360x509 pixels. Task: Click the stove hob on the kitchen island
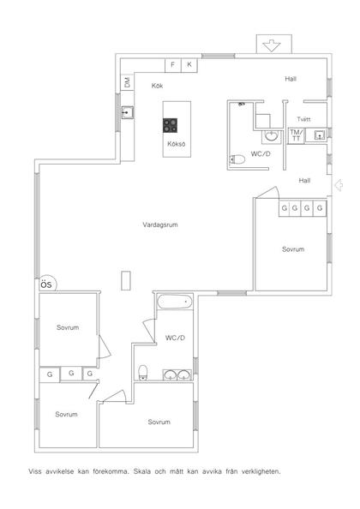(x=170, y=125)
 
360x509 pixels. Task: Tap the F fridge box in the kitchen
(x=173, y=65)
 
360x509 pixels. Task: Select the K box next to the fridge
(x=189, y=65)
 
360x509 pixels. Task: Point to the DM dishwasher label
(x=127, y=82)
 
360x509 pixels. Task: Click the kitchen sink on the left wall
(x=128, y=112)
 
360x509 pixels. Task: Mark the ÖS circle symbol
(x=48, y=284)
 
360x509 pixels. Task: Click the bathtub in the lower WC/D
(x=174, y=302)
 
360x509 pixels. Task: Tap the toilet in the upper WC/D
(x=237, y=159)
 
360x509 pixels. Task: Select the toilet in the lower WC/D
(x=143, y=373)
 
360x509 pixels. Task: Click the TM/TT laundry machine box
(x=297, y=135)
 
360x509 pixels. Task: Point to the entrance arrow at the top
(x=272, y=45)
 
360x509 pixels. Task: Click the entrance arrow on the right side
(x=339, y=185)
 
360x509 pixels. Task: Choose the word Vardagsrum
(x=160, y=225)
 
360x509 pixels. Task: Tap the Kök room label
(x=157, y=86)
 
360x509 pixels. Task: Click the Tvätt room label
(x=303, y=119)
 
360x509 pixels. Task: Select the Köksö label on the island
(x=177, y=144)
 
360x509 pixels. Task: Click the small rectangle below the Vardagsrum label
(x=126, y=280)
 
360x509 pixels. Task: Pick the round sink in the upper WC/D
(x=271, y=135)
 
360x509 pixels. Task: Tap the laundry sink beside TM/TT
(x=320, y=135)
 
